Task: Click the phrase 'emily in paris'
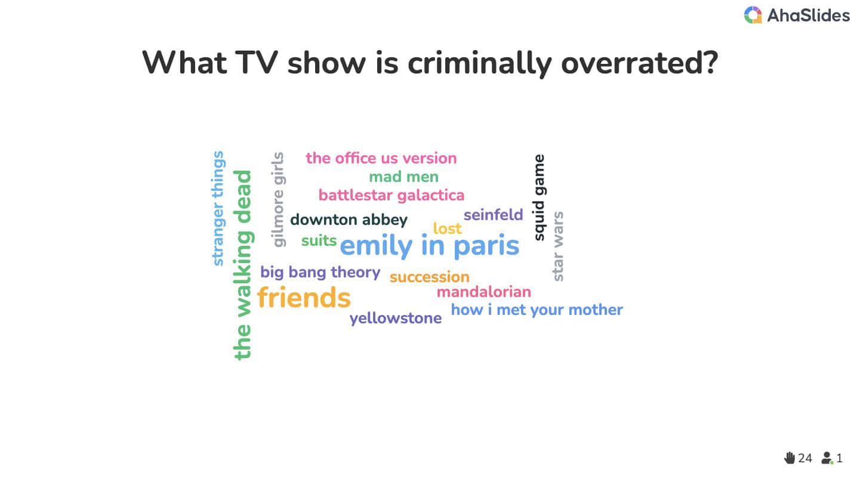pyautogui.click(x=429, y=245)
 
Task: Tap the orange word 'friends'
pyautogui.click(x=304, y=298)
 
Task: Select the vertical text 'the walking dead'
pyautogui.click(x=242, y=265)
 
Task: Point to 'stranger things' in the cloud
pyautogui.click(x=218, y=208)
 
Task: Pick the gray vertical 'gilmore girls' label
pyautogui.click(x=279, y=200)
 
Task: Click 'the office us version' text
pyautogui.click(x=381, y=158)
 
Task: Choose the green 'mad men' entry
pyautogui.click(x=403, y=177)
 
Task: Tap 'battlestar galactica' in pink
pyautogui.click(x=391, y=195)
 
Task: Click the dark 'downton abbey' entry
pyautogui.click(x=349, y=220)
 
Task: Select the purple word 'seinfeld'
pyautogui.click(x=493, y=215)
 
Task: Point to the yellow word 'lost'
pyautogui.click(x=447, y=228)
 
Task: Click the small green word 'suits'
pyautogui.click(x=319, y=240)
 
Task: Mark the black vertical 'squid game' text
pyautogui.click(x=539, y=197)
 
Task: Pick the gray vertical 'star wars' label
pyautogui.click(x=558, y=246)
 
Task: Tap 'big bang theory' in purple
pyautogui.click(x=320, y=273)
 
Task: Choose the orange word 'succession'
pyautogui.click(x=429, y=277)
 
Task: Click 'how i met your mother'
pyautogui.click(x=537, y=310)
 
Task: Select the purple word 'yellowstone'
pyautogui.click(x=396, y=319)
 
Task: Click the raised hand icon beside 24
pyautogui.click(x=790, y=458)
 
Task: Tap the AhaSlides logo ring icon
pyautogui.click(x=753, y=15)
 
